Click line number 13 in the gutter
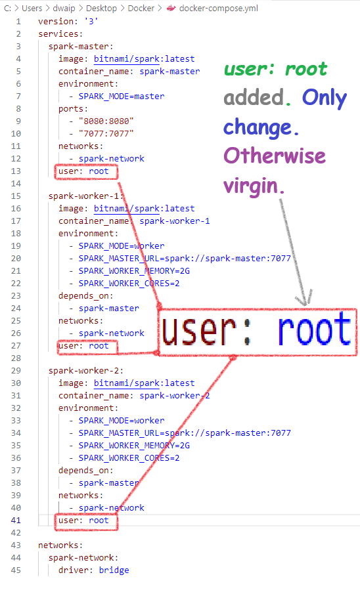[16, 171]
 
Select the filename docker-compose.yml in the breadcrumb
[219, 8]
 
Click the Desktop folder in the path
[101, 8]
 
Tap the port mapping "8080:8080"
[106, 121]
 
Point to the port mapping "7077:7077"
[106, 134]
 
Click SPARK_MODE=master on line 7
[122, 96]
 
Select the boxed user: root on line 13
[86, 171]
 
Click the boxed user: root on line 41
[86, 521]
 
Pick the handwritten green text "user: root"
[275, 69]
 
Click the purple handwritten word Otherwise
[275, 156]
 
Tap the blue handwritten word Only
[325, 98]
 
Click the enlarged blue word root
[314, 329]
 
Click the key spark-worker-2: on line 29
[86, 371]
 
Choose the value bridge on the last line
[114, 570]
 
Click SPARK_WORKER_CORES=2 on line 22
[129, 284]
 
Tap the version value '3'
[91, 21]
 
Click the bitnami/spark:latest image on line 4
[145, 59]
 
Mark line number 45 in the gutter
[16, 570]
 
